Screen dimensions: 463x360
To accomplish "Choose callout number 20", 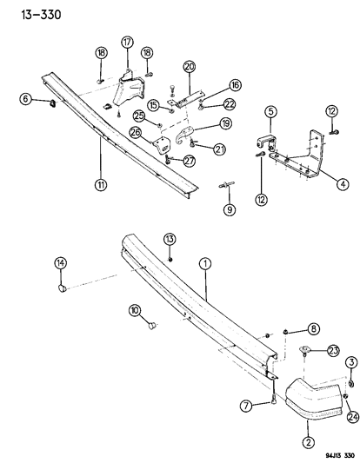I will [x=190, y=66].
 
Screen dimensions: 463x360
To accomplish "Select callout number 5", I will [x=270, y=111].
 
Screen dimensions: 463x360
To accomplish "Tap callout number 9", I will [x=230, y=209].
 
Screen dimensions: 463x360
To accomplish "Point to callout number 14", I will [x=60, y=263].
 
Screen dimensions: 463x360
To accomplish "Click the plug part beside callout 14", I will [x=64, y=288].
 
